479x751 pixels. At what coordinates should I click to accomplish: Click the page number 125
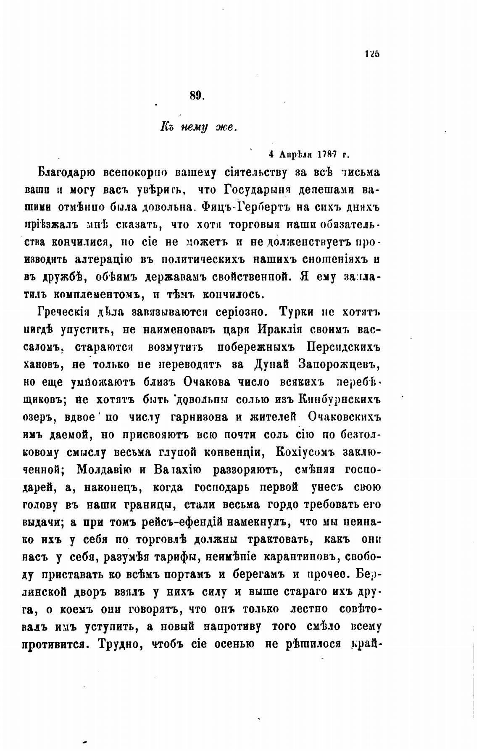click(372, 54)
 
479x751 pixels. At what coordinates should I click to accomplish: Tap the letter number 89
click(196, 96)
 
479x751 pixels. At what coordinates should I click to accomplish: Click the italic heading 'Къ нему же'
click(198, 127)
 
